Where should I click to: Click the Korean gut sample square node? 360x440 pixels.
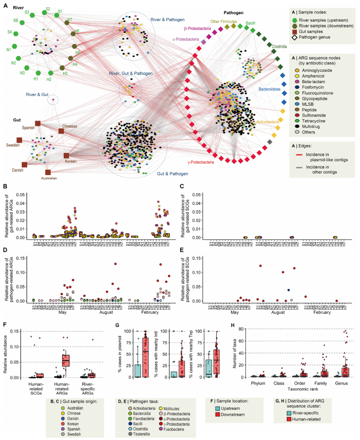pyautogui.click(x=66, y=155)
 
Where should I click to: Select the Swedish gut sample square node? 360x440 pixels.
pyautogui.click(x=19, y=140)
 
